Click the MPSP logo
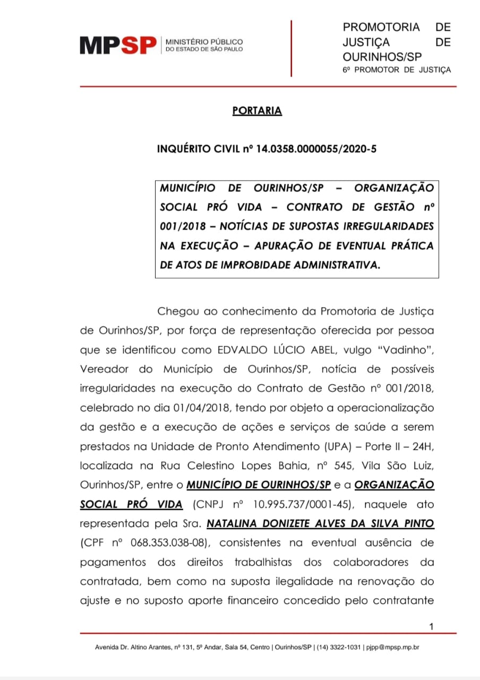pos(118,45)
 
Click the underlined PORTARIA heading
pos(257,111)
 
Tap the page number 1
pos(431,627)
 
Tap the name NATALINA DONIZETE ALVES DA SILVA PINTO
pos(320,523)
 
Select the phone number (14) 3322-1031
pos(340,648)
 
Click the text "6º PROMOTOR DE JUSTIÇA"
pos(397,70)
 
